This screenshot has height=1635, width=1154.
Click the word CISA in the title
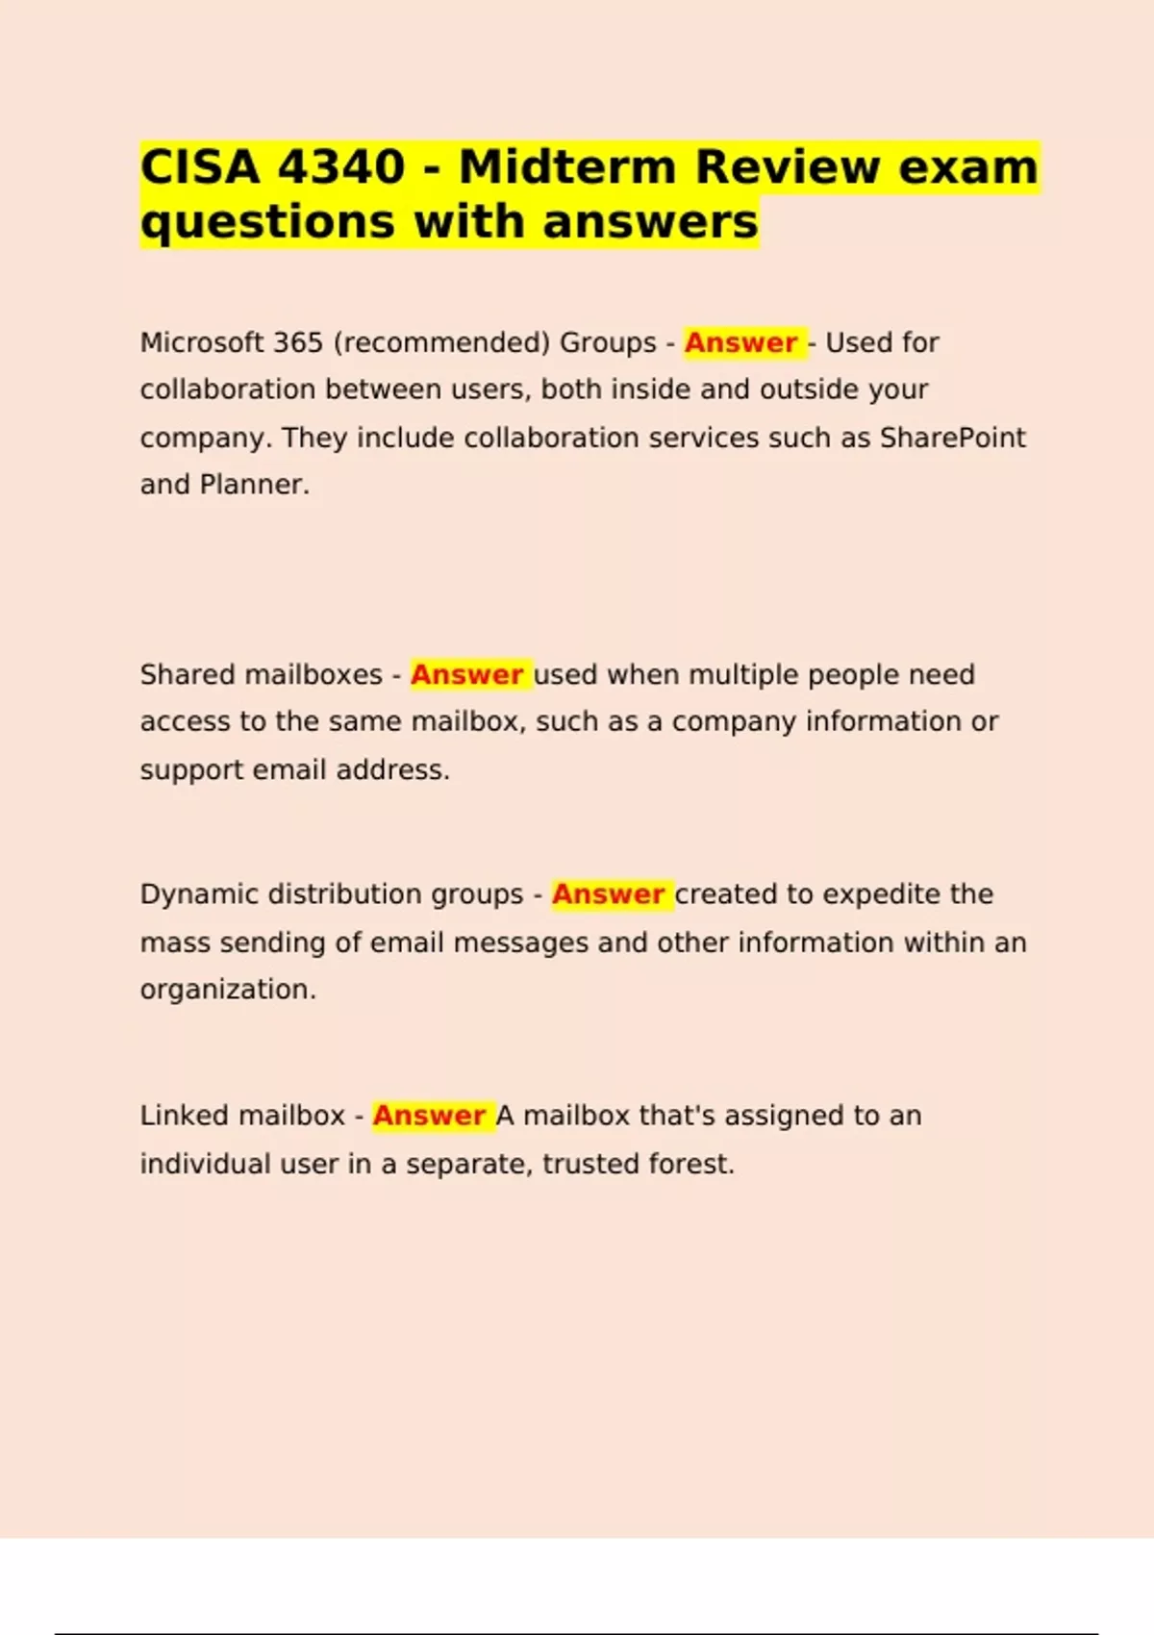tap(200, 167)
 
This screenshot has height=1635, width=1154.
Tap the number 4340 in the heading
tap(340, 167)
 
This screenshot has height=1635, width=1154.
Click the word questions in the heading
tap(267, 222)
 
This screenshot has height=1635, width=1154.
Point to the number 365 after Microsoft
tap(297, 342)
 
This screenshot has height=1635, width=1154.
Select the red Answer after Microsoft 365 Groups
tap(740, 342)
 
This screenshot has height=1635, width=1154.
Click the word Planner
tap(254, 485)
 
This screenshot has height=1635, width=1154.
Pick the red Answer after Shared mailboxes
tap(466, 674)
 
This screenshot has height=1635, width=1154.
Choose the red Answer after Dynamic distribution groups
tap(608, 894)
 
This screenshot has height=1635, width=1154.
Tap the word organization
tap(228, 990)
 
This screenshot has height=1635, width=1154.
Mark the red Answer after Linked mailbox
tap(429, 1116)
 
